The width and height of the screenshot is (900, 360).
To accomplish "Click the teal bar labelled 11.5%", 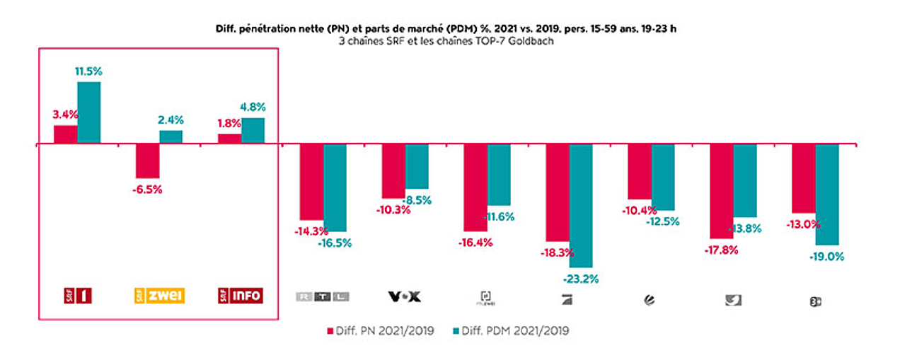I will [88, 112].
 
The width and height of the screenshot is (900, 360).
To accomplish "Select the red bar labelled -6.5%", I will [147, 161].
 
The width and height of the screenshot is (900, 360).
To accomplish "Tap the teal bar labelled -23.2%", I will [581, 205].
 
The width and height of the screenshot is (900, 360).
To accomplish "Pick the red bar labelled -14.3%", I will [311, 182].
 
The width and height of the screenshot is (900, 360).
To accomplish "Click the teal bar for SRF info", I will [253, 130].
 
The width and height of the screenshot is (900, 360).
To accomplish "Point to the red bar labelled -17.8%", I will [722, 191].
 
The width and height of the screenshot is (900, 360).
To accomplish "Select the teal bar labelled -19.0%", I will [827, 194].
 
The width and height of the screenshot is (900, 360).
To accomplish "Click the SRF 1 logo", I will [78, 296].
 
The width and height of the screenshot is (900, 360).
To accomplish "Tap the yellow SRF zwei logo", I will [159, 296].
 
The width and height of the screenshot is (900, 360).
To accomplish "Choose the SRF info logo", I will [241, 296].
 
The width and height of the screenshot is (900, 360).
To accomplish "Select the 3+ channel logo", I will [815, 301].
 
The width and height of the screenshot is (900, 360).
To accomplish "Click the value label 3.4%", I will [65, 114].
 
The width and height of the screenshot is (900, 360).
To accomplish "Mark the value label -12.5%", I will [662, 221].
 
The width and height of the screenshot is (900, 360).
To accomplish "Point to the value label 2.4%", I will [171, 120].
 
